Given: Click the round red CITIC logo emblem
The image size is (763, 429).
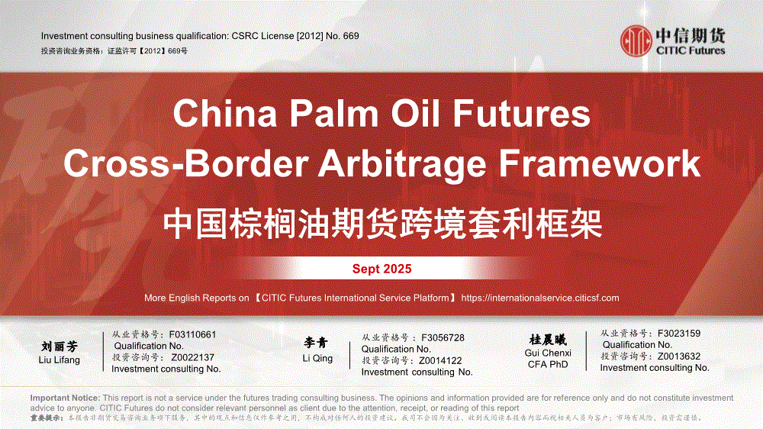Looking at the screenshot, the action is point(636,41).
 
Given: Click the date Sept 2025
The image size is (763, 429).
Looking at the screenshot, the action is point(382,269).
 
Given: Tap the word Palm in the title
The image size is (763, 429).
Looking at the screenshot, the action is point(334,114).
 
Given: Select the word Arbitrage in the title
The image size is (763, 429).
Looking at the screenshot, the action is point(402,163).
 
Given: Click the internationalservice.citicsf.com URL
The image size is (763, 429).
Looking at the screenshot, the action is point(540,298).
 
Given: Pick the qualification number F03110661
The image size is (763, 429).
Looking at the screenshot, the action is point(192,334).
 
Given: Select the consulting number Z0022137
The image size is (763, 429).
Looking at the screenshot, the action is point(193,357).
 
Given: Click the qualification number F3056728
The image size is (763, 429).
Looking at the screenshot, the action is point(443,338).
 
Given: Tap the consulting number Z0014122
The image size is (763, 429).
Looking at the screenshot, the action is point(440,361).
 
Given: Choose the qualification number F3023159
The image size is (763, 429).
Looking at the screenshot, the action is point(679,334).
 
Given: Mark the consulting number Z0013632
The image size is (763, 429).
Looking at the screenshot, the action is point(679,356).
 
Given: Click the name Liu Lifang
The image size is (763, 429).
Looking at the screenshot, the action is point(60,360).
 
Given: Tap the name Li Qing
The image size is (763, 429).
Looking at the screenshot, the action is point(317,359).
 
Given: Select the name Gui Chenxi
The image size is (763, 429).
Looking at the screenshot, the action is point(548,353).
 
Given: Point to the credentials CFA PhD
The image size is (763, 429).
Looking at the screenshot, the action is point(548,365).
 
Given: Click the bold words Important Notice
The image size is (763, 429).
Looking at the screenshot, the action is point(65,398).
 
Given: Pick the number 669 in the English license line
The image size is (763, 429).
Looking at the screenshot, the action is point(351,36).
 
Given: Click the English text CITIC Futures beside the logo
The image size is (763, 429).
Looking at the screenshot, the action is point(691,50).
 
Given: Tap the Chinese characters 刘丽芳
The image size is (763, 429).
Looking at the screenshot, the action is point(60,347).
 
